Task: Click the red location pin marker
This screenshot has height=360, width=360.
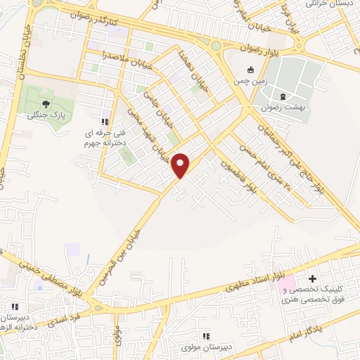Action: [x=181, y=165]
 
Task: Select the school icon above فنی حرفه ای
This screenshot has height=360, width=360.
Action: [x=106, y=114]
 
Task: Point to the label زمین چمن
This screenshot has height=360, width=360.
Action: [x=251, y=82]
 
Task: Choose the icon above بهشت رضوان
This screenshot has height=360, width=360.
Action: [x=283, y=96]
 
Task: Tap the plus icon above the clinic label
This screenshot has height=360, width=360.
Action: [x=312, y=279]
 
